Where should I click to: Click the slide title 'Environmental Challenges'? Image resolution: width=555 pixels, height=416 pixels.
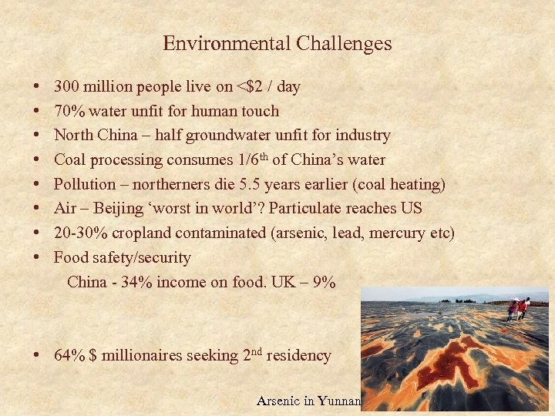(277, 44)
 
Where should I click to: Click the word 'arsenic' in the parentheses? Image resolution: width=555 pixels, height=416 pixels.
(300, 233)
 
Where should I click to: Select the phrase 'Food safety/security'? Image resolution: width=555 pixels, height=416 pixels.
(123, 257)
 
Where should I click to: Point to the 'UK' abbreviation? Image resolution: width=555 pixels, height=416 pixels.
(281, 282)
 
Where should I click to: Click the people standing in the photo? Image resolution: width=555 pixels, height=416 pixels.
(518, 309)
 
